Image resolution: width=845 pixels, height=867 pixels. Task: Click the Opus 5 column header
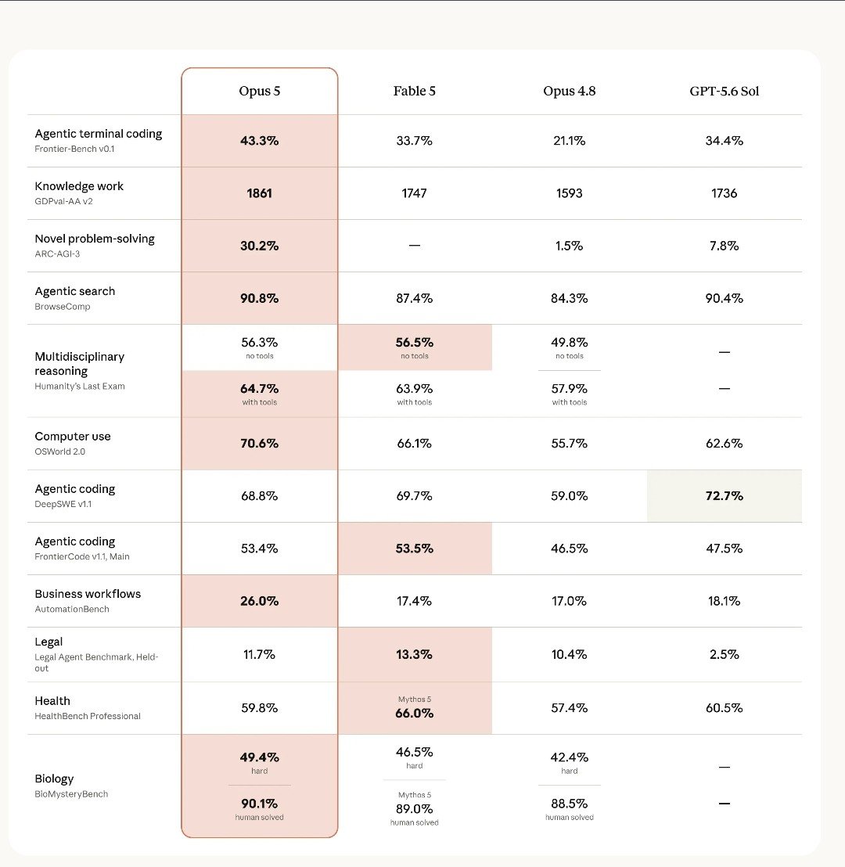(x=259, y=92)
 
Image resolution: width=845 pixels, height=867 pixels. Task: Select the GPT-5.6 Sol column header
(x=724, y=92)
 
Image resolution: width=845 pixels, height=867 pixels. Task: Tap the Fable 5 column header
(x=414, y=92)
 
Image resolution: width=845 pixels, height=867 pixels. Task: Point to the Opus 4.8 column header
(x=569, y=92)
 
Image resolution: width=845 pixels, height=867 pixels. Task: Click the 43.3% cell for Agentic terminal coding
(x=259, y=141)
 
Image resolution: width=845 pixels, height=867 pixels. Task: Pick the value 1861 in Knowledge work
(x=259, y=193)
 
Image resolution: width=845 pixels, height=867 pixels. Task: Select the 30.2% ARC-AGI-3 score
(x=259, y=246)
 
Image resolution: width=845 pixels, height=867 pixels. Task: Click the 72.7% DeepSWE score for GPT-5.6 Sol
(x=724, y=496)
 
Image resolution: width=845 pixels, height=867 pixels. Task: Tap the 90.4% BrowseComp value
(x=724, y=299)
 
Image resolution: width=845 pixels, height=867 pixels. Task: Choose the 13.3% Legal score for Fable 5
(x=414, y=655)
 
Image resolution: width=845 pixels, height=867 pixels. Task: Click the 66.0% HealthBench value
(x=414, y=714)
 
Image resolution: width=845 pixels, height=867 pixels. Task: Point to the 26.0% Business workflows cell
(x=259, y=601)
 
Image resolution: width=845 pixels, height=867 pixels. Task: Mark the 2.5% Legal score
(x=724, y=655)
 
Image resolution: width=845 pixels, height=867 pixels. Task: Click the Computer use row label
(x=73, y=437)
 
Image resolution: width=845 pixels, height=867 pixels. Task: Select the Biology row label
(x=54, y=779)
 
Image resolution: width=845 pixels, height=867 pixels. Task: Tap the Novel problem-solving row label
(x=95, y=239)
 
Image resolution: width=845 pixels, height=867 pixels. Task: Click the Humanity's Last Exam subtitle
(x=80, y=386)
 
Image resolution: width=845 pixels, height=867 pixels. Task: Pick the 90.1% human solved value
(x=259, y=804)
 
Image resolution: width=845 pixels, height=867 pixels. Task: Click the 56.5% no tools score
(x=414, y=343)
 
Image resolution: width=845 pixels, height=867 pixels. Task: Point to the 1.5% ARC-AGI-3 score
(x=569, y=246)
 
